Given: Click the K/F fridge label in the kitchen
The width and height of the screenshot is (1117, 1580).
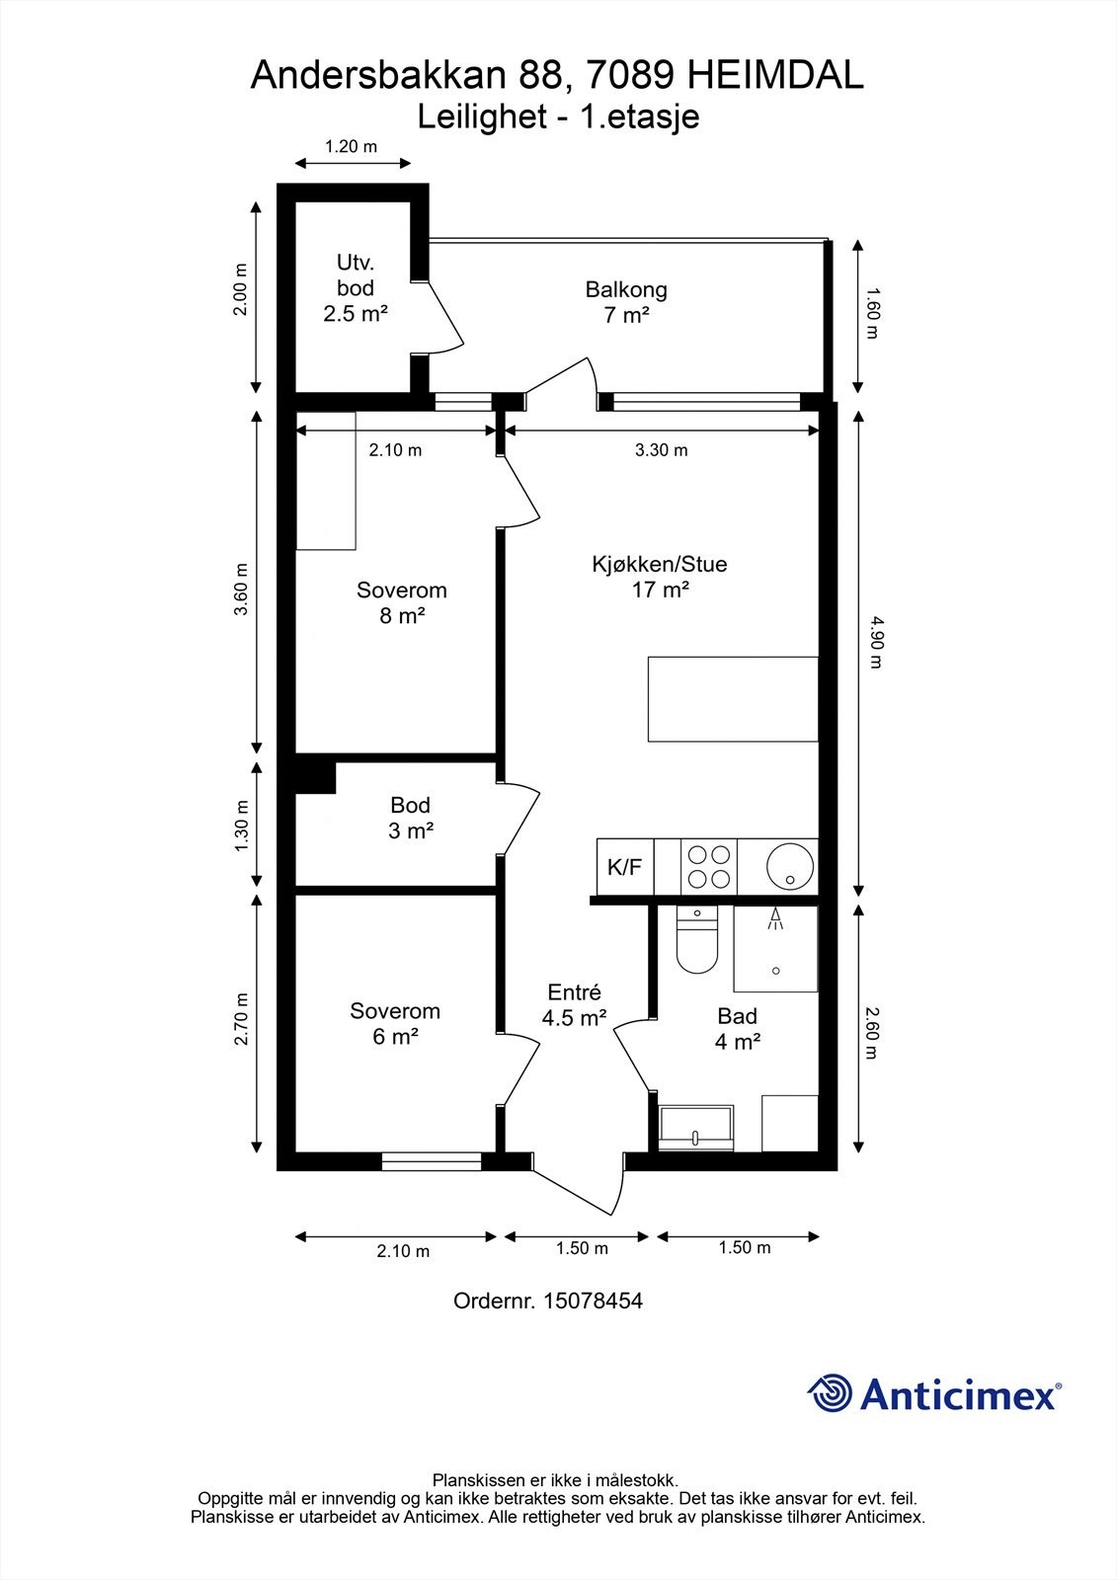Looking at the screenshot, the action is (624, 867).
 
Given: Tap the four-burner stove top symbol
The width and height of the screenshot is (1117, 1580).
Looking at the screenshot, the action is (708, 867).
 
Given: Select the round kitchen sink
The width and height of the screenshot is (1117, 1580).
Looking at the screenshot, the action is (790, 866).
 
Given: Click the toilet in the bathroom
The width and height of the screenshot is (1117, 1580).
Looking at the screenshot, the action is (697, 939).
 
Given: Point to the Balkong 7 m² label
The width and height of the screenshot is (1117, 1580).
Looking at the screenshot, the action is (626, 302).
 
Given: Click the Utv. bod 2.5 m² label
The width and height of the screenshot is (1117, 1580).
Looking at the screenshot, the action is (356, 287).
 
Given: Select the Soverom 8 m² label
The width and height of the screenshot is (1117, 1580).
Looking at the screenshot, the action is (402, 602).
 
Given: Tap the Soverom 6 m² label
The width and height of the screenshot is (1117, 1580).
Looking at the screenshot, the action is (395, 1023).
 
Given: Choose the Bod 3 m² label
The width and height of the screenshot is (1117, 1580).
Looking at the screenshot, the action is (410, 818).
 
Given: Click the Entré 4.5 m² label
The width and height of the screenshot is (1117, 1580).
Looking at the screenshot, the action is (575, 1005).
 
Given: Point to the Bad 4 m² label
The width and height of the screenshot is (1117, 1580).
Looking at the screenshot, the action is (738, 1028).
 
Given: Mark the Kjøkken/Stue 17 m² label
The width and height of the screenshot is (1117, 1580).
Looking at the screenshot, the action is (660, 577).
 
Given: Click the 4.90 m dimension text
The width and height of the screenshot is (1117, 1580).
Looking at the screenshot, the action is (876, 642).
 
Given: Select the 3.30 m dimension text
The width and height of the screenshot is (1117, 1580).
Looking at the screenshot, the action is (661, 450).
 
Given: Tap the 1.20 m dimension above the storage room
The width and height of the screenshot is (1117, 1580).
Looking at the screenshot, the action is (351, 147).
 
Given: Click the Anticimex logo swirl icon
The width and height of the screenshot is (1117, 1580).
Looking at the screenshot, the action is (831, 1392).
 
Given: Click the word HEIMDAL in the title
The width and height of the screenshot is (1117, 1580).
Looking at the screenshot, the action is (774, 75).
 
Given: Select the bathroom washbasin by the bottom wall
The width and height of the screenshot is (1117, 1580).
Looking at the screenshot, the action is (695, 1127).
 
